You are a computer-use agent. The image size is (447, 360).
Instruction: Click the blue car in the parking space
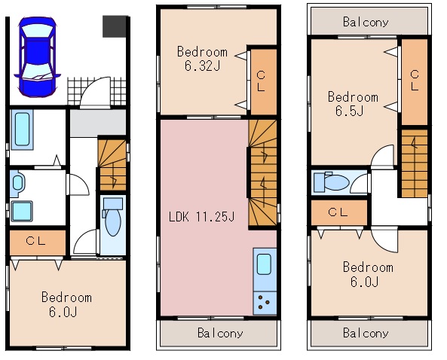(38, 57)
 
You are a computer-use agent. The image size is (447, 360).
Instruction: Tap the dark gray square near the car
(115, 26)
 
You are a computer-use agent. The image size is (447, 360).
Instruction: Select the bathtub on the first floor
(22, 130)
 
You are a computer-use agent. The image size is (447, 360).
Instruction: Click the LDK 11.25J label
(201, 217)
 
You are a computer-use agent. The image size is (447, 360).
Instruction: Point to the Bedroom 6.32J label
(203, 59)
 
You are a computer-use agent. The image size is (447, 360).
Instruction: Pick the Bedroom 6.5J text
(353, 104)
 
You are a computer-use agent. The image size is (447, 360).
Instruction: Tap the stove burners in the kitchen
(265, 303)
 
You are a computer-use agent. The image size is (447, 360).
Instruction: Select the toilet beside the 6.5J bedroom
(332, 182)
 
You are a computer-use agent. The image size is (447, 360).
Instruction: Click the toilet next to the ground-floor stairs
(113, 218)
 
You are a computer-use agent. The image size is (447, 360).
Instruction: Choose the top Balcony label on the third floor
(366, 22)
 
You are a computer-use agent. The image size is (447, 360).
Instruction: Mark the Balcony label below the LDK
(220, 333)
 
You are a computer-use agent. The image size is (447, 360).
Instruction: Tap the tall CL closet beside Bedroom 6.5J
(415, 82)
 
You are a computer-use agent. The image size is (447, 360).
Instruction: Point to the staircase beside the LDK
(263, 173)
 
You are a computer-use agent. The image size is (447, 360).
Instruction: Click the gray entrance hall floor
(98, 123)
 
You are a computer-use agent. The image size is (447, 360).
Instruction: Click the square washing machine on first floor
(22, 211)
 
